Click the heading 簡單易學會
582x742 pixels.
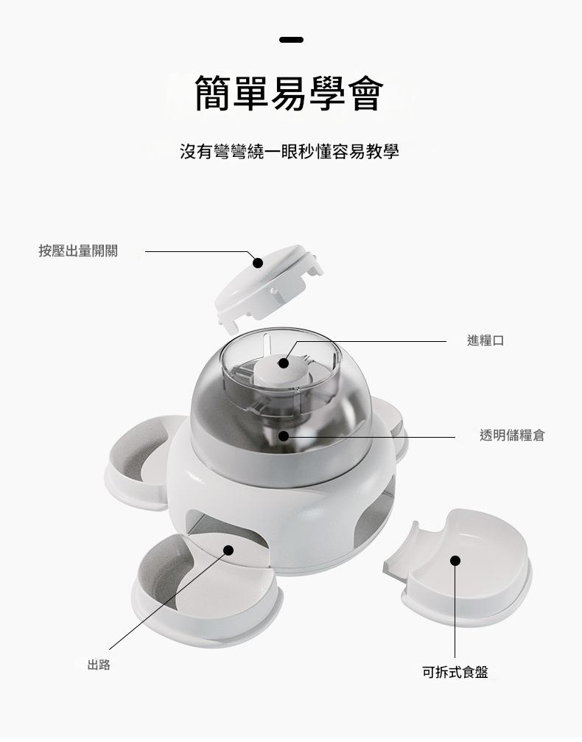pos(289,93)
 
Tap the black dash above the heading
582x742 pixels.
pos(291,40)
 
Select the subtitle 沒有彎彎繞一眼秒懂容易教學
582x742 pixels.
pos(289,152)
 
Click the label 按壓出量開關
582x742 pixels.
pos(78,251)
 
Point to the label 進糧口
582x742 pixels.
pos(485,340)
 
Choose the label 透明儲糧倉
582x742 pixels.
pos(512,435)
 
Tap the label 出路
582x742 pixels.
pos(99,665)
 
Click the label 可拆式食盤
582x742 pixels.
pos(455,672)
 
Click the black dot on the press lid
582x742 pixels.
pos(257,262)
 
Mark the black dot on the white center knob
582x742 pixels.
pos(284,363)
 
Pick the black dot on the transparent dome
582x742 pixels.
pos(284,435)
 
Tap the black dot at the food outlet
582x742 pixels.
pos(228,550)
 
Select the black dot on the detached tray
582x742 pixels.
pos(455,561)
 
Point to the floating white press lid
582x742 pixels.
pos(268,287)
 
